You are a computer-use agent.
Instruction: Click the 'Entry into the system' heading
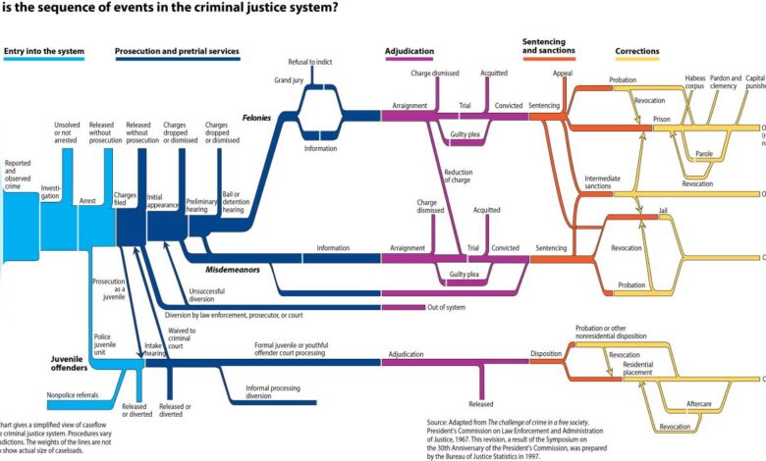click(x=43, y=51)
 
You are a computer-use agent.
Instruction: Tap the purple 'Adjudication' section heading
click(x=411, y=51)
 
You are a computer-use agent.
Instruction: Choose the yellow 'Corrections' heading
click(x=637, y=51)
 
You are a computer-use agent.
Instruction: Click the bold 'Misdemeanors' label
click(x=233, y=268)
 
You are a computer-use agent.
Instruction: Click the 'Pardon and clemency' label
click(x=723, y=82)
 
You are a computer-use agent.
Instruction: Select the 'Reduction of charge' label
click(x=459, y=176)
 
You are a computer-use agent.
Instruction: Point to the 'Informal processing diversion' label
click(x=259, y=393)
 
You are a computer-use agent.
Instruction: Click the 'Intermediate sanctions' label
click(x=602, y=181)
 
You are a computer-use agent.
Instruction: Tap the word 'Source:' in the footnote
click(x=439, y=423)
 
